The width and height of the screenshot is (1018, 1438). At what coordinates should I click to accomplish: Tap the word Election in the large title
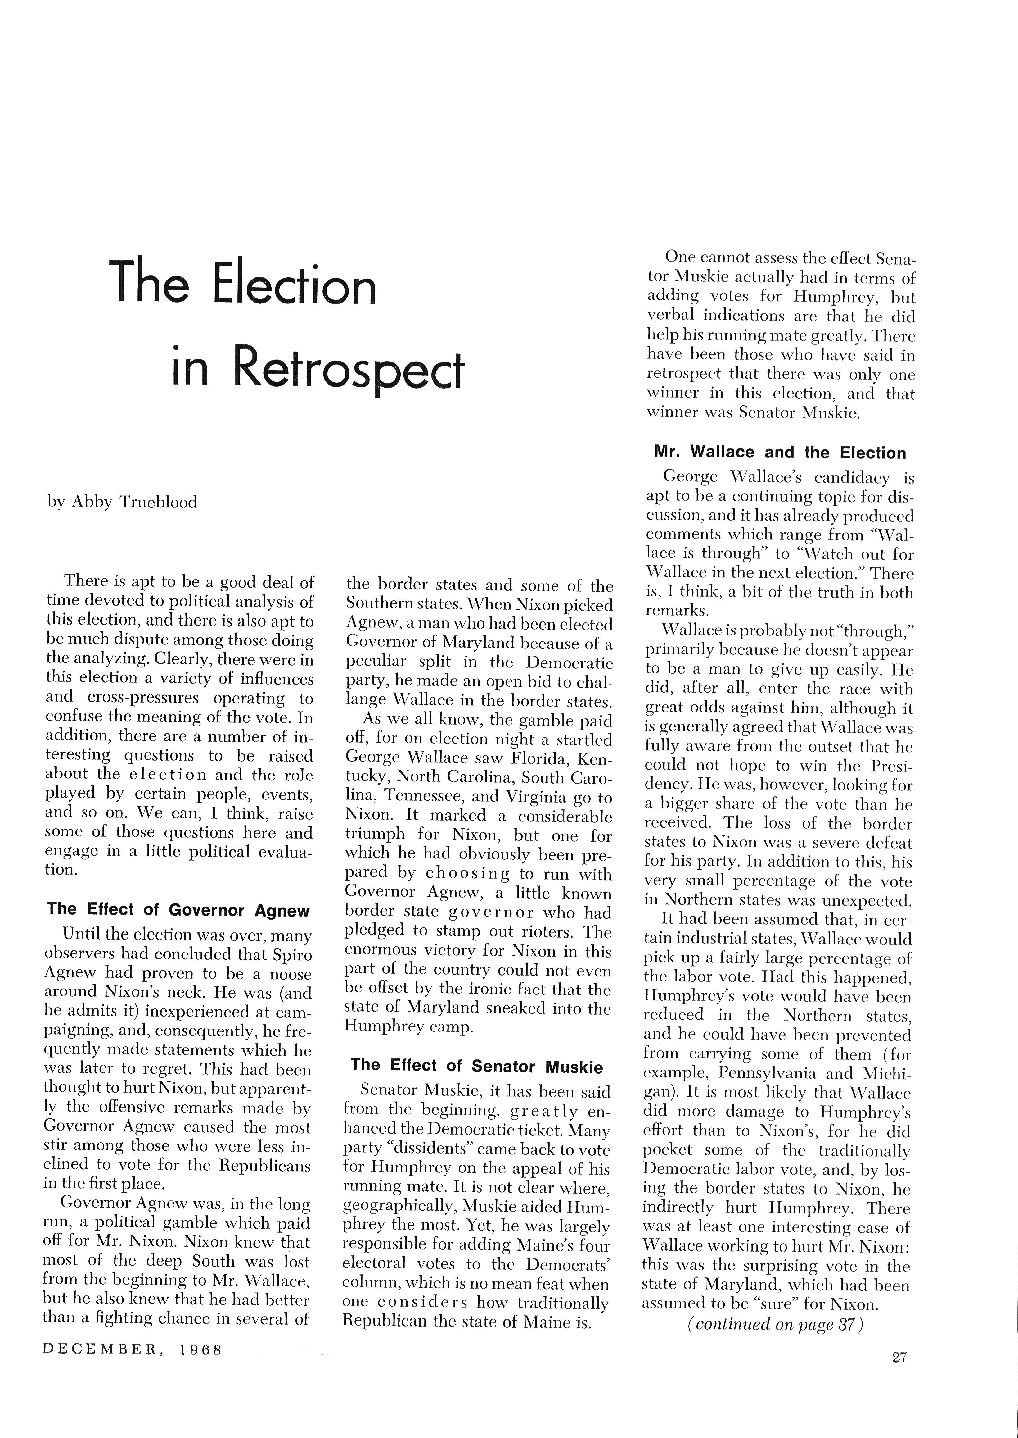(295, 285)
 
